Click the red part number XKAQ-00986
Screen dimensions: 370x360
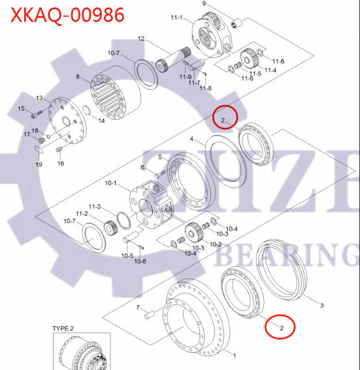point(67,14)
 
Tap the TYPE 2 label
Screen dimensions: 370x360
point(64,328)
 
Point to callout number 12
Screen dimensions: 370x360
point(141,39)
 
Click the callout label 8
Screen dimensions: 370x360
point(78,77)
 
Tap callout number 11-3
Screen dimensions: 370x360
point(94,207)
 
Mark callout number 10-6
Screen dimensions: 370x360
point(140,261)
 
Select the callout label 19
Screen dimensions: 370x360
point(39,165)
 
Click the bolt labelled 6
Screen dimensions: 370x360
point(160,172)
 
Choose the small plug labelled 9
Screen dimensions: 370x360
point(235,24)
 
